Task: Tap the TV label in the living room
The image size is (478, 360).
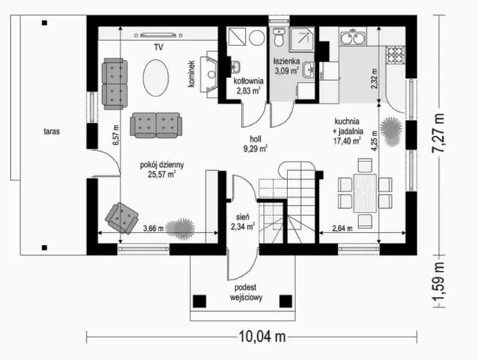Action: point(158,47)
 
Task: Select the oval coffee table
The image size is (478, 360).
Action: point(156,77)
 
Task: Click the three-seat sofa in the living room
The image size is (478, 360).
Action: point(156,125)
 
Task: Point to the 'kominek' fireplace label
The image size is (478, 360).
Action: point(191,74)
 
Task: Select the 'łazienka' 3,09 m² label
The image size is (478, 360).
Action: point(287,66)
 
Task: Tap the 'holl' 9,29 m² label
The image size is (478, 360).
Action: point(255,142)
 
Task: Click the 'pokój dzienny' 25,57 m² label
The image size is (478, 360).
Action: point(162,169)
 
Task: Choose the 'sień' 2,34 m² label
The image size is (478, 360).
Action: point(243,221)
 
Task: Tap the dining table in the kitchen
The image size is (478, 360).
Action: point(365,192)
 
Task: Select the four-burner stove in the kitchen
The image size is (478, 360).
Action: point(395,54)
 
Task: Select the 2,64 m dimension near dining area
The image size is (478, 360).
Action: point(342,227)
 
